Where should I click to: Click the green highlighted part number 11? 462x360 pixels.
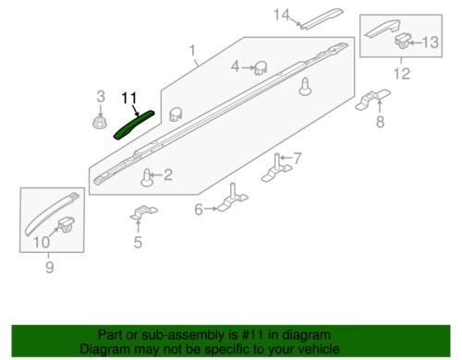134,125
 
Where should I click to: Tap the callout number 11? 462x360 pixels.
129,99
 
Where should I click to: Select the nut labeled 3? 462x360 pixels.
100,123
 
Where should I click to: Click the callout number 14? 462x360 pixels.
282,15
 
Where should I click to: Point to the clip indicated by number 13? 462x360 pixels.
403,41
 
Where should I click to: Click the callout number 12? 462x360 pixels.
402,74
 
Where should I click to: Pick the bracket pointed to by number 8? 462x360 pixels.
373,99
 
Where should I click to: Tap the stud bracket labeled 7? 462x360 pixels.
276,169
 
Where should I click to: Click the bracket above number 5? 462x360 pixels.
143,212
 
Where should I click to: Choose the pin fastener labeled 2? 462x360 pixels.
148,178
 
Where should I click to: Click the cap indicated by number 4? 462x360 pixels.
261,67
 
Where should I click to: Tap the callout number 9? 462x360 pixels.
50,267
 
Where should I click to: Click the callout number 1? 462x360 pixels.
192,51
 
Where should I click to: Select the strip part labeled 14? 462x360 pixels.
322,18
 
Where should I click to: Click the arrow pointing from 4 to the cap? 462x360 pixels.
248,67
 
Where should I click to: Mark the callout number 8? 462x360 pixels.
380,122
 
